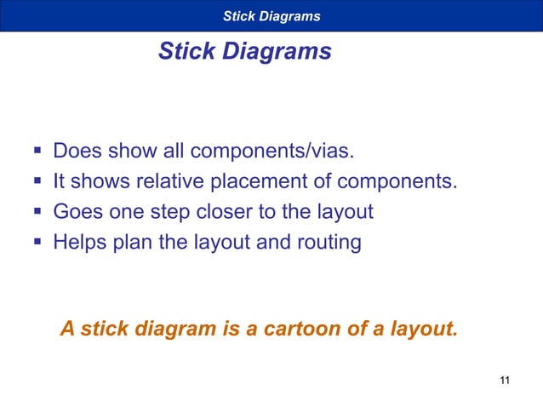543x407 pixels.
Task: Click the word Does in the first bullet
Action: pos(78,152)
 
